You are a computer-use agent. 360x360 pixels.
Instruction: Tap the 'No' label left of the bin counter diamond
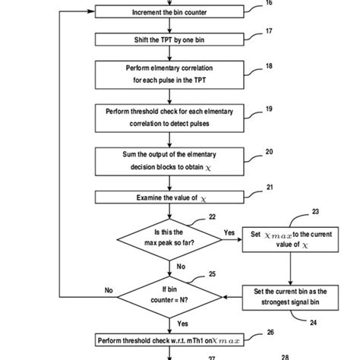click(108, 289)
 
